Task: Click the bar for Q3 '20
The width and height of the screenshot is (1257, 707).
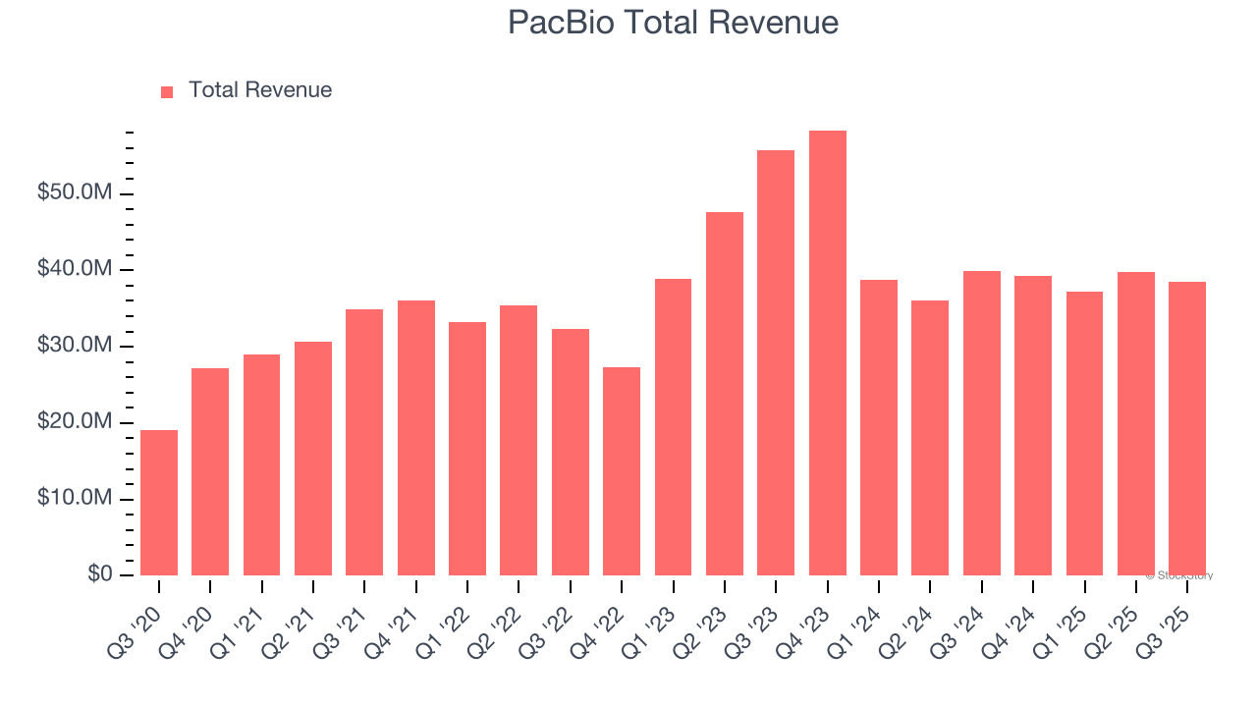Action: pyautogui.click(x=159, y=503)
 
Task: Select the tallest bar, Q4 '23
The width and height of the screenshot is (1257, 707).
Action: pyautogui.click(x=827, y=353)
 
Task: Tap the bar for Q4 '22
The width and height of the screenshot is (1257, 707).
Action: pyautogui.click(x=622, y=471)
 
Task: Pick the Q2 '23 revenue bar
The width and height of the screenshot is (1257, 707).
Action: pyautogui.click(x=725, y=394)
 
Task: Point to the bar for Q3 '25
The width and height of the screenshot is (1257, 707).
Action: pyautogui.click(x=1187, y=428)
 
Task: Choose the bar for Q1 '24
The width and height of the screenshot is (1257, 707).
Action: pyautogui.click(x=879, y=427)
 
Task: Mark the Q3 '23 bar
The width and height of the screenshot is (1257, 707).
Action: pyautogui.click(x=776, y=362)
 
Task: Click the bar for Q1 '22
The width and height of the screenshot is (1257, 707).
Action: pyautogui.click(x=467, y=449)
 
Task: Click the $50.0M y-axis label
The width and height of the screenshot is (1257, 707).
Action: pyautogui.click(x=75, y=192)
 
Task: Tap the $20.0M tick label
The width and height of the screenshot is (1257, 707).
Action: pyautogui.click(x=75, y=422)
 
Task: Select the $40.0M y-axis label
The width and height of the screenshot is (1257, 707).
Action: pyautogui.click(x=75, y=269)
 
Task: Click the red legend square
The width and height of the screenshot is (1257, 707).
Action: pyautogui.click(x=167, y=91)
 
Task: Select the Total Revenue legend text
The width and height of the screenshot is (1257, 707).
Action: pyautogui.click(x=260, y=90)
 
